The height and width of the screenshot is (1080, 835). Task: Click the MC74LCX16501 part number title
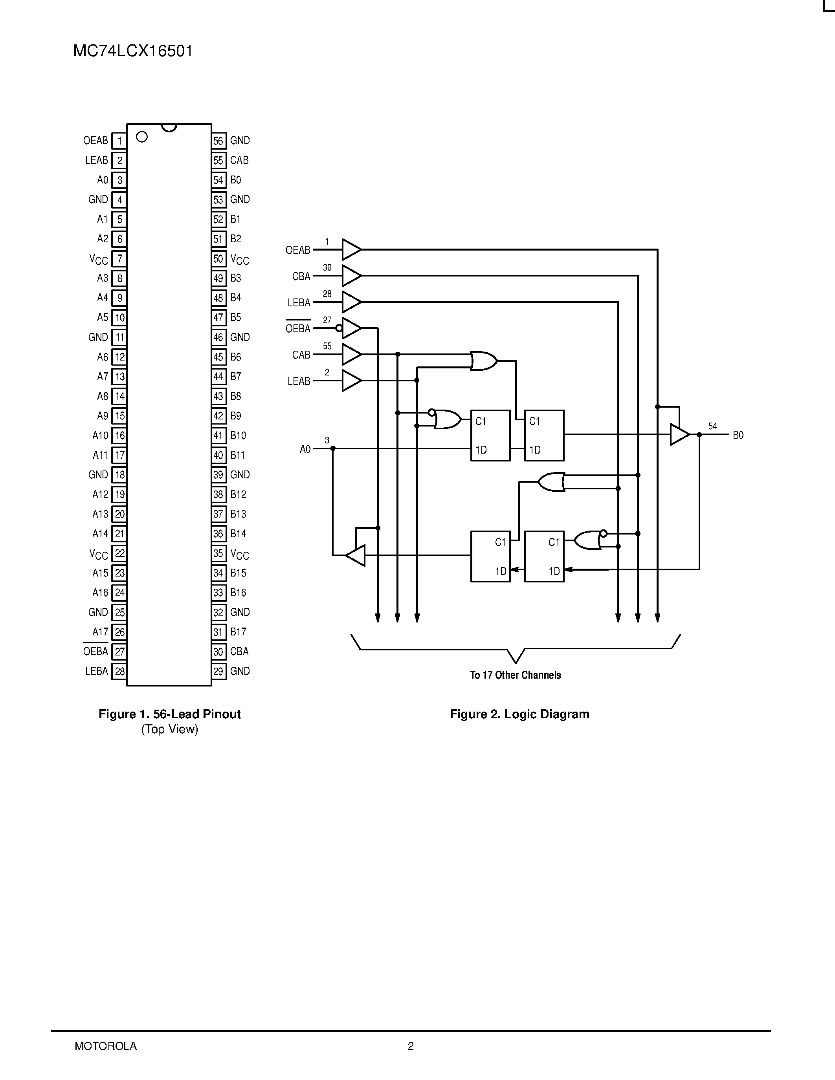(x=132, y=51)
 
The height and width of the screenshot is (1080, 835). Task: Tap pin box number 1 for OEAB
(x=119, y=141)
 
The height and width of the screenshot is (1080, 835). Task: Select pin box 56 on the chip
(x=218, y=141)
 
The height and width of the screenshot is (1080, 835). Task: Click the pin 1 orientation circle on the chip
(x=142, y=137)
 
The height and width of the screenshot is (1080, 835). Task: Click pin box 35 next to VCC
(x=218, y=553)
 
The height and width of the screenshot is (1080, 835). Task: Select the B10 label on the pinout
(x=238, y=436)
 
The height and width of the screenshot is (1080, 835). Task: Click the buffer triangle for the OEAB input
(x=351, y=250)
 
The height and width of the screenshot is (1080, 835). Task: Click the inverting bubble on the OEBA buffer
(x=339, y=328)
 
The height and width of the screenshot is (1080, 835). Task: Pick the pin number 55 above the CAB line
(x=327, y=346)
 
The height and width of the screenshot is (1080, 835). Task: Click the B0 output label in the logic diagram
(x=738, y=435)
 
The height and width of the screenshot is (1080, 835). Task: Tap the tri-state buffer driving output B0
(x=679, y=435)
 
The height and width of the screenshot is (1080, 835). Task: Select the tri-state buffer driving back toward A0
(x=356, y=555)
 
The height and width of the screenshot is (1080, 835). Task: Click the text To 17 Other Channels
(x=515, y=675)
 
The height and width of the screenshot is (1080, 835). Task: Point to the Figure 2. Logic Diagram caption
(x=519, y=714)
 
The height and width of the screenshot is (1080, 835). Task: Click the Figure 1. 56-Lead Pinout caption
(x=169, y=714)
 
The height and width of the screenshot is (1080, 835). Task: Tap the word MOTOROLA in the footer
(x=105, y=1046)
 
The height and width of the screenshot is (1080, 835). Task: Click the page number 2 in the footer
(x=411, y=1046)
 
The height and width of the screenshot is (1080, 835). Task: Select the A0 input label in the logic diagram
(x=305, y=449)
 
